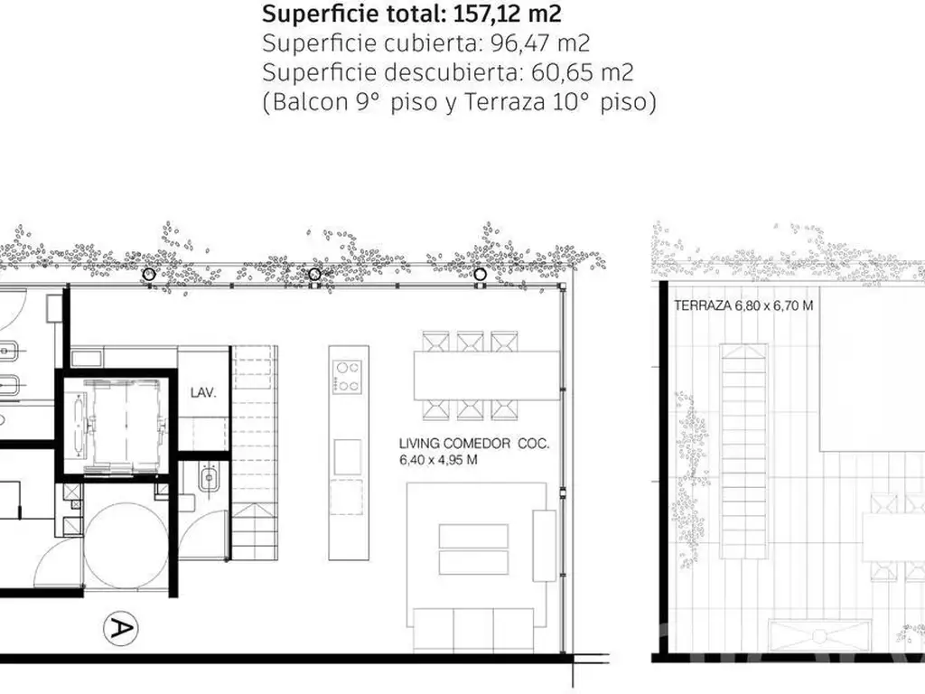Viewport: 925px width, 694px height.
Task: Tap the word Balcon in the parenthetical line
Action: [311, 102]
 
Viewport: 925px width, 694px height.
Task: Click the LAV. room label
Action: [203, 392]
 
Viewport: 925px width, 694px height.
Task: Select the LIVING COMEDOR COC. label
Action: [473, 444]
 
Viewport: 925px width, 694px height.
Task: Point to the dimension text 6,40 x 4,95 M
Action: [438, 460]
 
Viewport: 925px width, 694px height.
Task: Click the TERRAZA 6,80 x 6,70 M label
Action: [743, 305]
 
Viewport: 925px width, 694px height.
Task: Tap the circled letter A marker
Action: [120, 628]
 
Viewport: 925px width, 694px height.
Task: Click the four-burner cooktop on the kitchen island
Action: [348, 377]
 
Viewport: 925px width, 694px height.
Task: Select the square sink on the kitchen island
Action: [348, 456]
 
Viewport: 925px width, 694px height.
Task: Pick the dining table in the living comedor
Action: [487, 375]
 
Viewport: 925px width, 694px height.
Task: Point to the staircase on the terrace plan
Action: [743, 453]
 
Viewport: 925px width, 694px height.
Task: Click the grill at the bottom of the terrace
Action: [819, 635]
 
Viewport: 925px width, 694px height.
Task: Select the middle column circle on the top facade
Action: [314, 274]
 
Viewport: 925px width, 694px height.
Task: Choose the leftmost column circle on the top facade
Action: [149, 274]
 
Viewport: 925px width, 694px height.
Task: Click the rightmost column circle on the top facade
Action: [481, 274]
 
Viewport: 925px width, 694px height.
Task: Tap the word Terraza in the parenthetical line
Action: [504, 102]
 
